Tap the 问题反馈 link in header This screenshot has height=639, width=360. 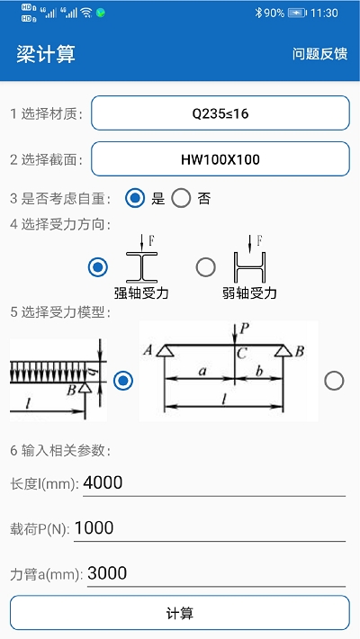319,54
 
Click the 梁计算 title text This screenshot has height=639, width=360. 46,54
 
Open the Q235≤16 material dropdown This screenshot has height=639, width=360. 220,113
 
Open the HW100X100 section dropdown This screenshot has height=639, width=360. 220,159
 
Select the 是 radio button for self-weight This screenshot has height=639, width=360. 135,198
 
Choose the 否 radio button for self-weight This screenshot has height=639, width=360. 181,198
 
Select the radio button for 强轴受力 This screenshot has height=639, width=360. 98,267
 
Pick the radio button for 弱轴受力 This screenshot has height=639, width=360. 206,267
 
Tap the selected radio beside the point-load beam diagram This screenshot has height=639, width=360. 123,381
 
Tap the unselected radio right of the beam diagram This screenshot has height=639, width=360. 334,381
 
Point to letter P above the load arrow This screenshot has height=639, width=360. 238,328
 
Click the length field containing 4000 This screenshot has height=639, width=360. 213,483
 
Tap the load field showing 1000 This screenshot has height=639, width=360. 209,528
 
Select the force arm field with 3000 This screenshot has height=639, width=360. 215,573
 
